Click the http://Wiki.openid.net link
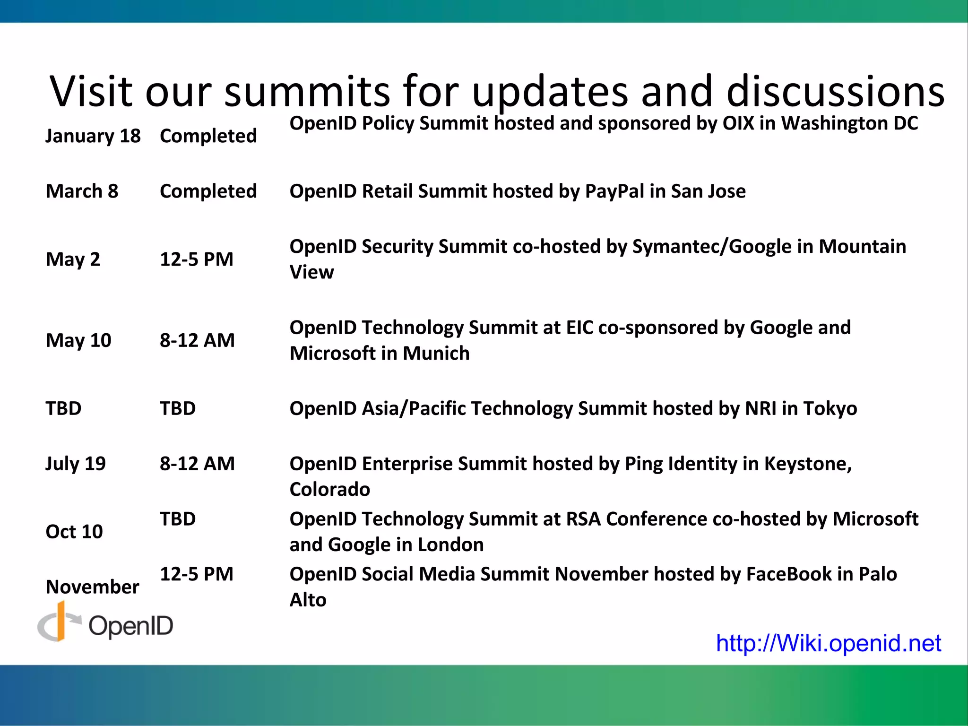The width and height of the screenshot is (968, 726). coord(828,643)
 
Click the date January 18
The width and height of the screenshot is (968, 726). coord(93,136)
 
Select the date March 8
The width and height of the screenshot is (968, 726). coord(82,191)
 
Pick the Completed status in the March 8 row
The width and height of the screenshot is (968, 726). coord(208,191)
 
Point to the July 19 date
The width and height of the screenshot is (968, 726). coord(76,464)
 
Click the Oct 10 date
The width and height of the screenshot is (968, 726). coord(74,532)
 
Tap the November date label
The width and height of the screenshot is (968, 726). coord(93,587)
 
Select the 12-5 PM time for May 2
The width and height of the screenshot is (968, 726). coord(197,259)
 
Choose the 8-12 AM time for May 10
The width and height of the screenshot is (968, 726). coord(197,340)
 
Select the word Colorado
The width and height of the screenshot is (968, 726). coord(329,490)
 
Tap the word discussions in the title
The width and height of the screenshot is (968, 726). coord(835,91)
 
